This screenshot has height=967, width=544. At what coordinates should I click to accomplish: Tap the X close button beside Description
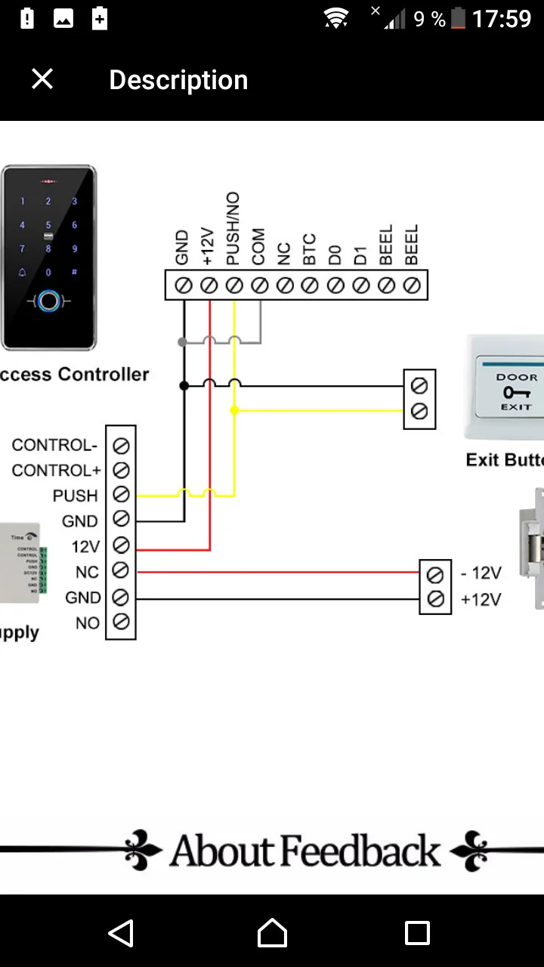pyautogui.click(x=42, y=79)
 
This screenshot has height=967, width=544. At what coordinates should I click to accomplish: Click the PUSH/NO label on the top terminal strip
pyautogui.click(x=233, y=229)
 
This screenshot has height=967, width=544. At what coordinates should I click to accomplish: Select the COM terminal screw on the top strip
pyautogui.click(x=259, y=286)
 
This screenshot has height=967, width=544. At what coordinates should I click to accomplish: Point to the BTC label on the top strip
pyautogui.click(x=309, y=250)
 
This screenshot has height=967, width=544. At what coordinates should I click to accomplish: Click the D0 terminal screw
pyautogui.click(x=335, y=286)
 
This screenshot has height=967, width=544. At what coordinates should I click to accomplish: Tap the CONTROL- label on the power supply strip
pyautogui.click(x=54, y=445)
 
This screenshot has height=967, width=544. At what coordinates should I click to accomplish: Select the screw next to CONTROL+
pyautogui.click(x=121, y=471)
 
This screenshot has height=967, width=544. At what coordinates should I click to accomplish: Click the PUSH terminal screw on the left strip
pyautogui.click(x=121, y=496)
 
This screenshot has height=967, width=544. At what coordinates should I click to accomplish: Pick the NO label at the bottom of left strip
pyautogui.click(x=88, y=623)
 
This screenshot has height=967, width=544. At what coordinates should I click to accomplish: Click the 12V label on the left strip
pyautogui.click(x=85, y=547)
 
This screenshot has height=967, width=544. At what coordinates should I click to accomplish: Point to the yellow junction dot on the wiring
pyautogui.click(x=234, y=410)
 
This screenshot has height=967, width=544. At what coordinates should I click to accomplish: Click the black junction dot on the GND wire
pyautogui.click(x=184, y=385)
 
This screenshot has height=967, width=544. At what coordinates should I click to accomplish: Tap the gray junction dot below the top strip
pyautogui.click(x=182, y=342)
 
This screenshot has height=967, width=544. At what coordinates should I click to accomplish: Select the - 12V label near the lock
pyautogui.click(x=481, y=573)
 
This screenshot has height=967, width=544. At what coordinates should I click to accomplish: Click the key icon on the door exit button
pyautogui.click(x=517, y=392)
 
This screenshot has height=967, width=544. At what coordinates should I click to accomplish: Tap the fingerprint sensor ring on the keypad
pyautogui.click(x=49, y=301)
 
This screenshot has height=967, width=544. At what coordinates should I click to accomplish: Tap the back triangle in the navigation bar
pyautogui.click(x=122, y=933)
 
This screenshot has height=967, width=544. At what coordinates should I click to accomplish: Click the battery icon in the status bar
pyautogui.click(x=458, y=19)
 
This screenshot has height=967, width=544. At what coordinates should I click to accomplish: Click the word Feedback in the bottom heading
pyautogui.click(x=361, y=851)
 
